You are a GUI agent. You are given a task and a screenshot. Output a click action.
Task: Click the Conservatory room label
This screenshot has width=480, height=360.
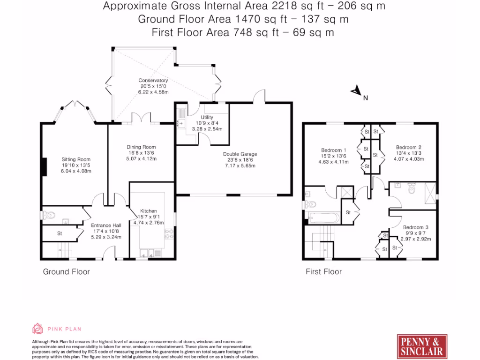pyautogui.click(x=153, y=81)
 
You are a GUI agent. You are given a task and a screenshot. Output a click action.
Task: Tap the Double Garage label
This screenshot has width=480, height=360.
pyautogui.click(x=240, y=154)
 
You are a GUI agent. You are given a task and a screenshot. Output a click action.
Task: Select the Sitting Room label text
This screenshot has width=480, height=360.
pyautogui.click(x=76, y=159)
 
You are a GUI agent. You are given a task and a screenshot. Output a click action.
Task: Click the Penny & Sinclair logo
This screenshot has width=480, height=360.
pyautogui.click(x=422, y=346)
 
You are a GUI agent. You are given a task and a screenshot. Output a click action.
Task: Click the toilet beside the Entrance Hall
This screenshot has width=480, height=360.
pyautogui.click(x=48, y=215)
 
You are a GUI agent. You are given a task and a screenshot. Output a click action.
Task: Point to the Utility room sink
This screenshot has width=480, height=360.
pyautogui.click(x=180, y=124)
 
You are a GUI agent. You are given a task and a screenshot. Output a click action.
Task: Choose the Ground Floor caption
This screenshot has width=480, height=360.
pyautogui.click(x=66, y=271)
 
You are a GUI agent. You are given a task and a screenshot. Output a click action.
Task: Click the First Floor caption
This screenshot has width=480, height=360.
pyautogui.click(x=323, y=271)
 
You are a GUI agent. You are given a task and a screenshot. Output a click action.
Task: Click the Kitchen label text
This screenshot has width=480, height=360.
pyautogui.click(x=149, y=211)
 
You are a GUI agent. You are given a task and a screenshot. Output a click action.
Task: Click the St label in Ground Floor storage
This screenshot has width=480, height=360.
pyautogui.click(x=60, y=233)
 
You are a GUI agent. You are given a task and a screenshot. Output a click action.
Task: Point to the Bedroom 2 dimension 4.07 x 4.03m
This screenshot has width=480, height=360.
pyautogui.click(x=409, y=158)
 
